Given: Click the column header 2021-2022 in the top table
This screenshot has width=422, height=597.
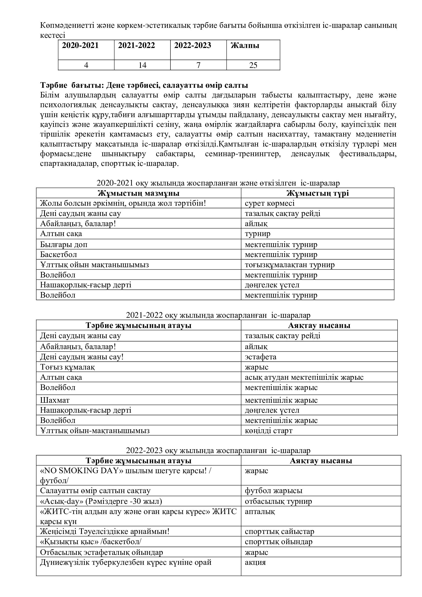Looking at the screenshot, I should click(x=136, y=45).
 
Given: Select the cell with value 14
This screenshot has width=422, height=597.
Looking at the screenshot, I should click(x=142, y=65).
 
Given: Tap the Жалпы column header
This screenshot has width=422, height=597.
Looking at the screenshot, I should click(x=245, y=46).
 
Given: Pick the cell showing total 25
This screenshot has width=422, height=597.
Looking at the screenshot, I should click(x=253, y=65).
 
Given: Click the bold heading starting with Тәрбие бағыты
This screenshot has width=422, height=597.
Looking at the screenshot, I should click(x=144, y=85).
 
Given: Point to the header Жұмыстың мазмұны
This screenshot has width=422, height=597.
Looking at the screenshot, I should click(x=139, y=193).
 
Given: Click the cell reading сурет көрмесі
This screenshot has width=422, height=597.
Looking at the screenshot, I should click(x=270, y=203).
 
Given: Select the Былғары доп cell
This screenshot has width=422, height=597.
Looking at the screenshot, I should click(x=64, y=245).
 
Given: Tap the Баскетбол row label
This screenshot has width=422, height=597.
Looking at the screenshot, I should click(x=58, y=254).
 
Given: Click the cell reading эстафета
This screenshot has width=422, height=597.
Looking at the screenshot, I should click(x=261, y=357).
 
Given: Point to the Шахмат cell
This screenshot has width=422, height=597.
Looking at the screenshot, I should click(x=55, y=400).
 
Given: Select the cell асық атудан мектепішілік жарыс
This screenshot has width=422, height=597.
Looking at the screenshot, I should click(x=304, y=377).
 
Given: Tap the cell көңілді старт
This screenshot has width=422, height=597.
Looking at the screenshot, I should click(x=269, y=431).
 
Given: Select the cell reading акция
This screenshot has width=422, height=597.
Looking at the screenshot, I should click(x=255, y=563).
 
